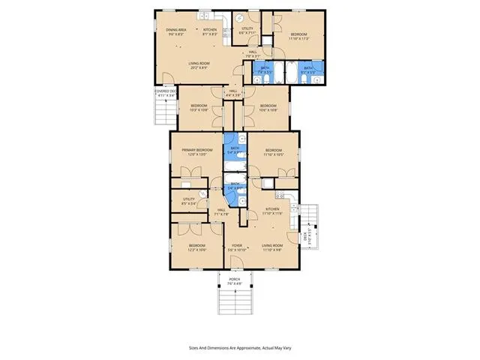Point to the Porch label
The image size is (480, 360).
click(x=235, y=281)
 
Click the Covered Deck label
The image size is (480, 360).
click(x=165, y=94)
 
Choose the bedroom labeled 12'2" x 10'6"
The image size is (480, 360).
click(x=197, y=247)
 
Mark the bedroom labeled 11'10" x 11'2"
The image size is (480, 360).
click(x=298, y=37)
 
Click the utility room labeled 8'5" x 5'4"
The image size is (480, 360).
click(x=183, y=201)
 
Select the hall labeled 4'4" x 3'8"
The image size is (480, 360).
click(x=234, y=94)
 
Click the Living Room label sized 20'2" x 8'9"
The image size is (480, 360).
click(x=199, y=66)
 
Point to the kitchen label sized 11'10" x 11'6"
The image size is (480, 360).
click(x=271, y=211)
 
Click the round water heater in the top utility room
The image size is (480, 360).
click(x=239, y=19)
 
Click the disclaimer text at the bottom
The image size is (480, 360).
click(x=240, y=347)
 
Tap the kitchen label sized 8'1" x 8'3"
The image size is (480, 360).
click(x=210, y=31)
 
